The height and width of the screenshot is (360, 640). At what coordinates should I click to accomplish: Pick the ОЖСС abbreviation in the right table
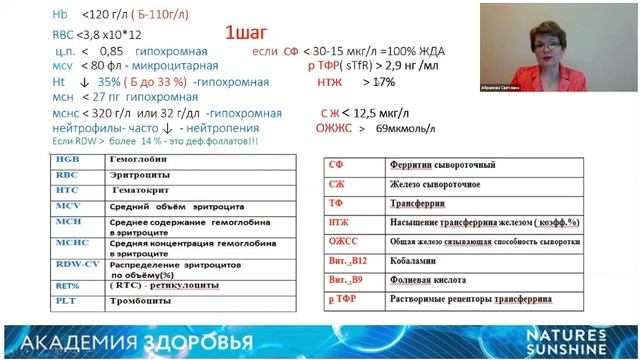click(343, 241)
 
